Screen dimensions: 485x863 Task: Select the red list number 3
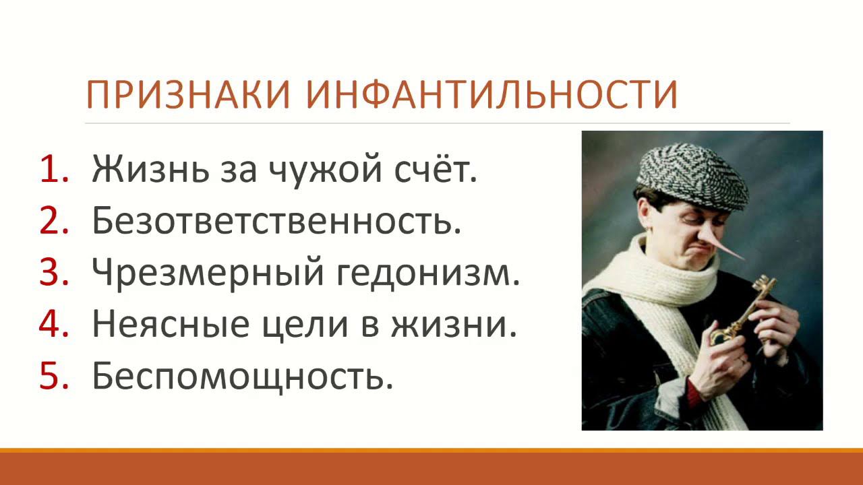[53, 273]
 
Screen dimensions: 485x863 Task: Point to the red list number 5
[53, 376]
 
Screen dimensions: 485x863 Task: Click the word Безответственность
[276, 222]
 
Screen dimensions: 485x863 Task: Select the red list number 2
[53, 222]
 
